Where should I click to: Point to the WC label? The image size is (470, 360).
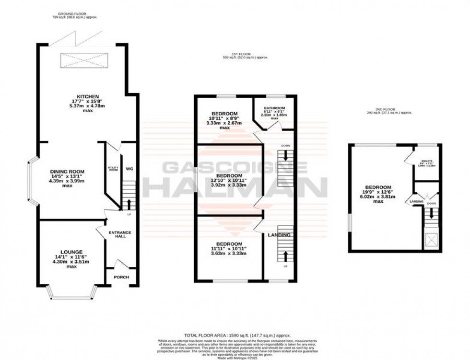[129, 169]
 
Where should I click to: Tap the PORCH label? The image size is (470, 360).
[121, 277]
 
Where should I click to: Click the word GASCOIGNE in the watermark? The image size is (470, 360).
[235, 167]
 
